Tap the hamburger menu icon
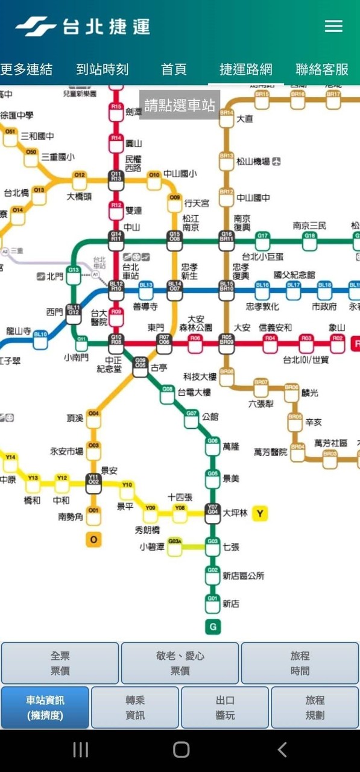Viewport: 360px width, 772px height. point(333,26)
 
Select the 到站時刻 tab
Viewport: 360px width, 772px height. point(103,69)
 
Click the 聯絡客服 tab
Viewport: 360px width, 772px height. point(322,69)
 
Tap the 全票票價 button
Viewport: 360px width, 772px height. point(60,663)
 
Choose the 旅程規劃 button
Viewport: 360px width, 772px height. point(315,707)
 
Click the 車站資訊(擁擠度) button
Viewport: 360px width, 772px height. point(45,707)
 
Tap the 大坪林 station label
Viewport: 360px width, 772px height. point(235,513)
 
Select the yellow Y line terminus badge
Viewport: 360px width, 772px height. point(260,514)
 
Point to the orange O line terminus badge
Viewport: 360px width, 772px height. point(93,539)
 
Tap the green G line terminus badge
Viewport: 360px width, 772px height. point(212,627)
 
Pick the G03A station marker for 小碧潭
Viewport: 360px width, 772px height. point(175,544)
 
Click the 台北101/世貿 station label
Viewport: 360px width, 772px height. point(306,360)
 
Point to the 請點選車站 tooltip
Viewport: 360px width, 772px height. point(179,106)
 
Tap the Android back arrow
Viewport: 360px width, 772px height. point(282,749)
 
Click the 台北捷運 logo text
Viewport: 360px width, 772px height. point(106,27)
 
